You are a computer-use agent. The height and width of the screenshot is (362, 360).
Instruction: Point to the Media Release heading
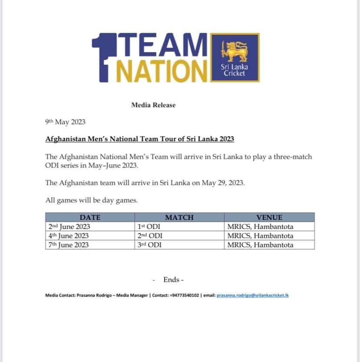[153, 105]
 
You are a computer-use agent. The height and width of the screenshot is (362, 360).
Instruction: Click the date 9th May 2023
[65, 122]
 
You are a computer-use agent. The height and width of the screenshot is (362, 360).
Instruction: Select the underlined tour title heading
[140, 139]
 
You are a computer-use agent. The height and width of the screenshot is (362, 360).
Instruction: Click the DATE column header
[90, 217]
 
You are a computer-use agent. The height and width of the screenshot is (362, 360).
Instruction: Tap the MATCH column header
[179, 217]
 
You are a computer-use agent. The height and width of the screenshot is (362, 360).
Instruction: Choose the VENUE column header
[269, 217]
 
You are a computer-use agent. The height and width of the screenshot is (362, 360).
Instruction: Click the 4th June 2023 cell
[68, 236]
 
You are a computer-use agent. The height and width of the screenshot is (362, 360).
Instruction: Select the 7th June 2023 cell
[68, 245]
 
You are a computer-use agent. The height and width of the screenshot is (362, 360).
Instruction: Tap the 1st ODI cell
[150, 226]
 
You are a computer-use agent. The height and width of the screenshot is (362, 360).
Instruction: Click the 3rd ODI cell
[150, 245]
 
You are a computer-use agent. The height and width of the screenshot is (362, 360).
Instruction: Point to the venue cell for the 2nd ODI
[260, 236]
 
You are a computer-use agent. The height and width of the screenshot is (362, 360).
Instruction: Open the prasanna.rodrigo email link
[253, 296]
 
